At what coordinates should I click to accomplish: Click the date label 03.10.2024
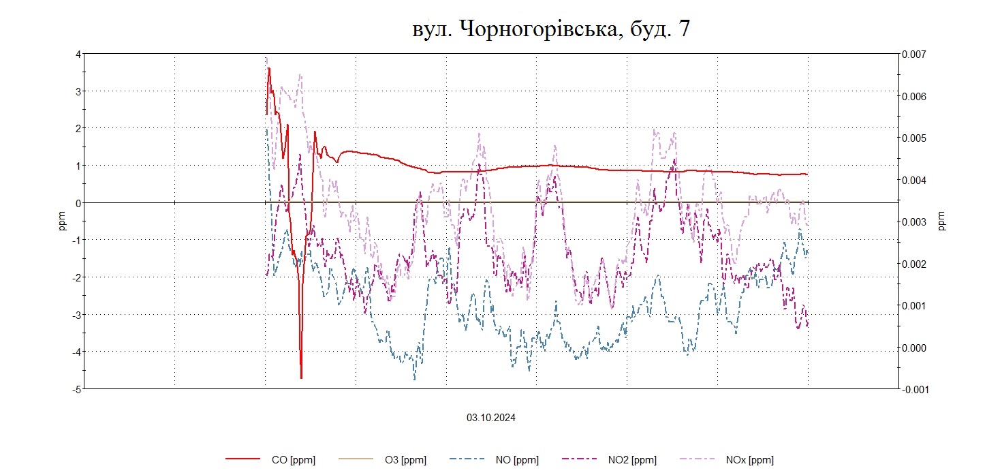(x=491, y=418)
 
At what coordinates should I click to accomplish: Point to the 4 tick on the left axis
(x=78, y=54)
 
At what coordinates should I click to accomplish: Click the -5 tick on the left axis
(x=77, y=389)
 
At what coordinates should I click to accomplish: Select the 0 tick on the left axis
(x=78, y=203)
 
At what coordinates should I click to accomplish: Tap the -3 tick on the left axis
(x=77, y=315)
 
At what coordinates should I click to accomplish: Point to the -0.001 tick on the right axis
(x=915, y=389)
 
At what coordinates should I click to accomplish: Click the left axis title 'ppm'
(x=63, y=221)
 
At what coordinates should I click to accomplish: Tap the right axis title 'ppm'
(x=942, y=221)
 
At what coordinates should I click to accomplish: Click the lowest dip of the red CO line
(x=301, y=378)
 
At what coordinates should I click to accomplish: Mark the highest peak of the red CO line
(x=269, y=68)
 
